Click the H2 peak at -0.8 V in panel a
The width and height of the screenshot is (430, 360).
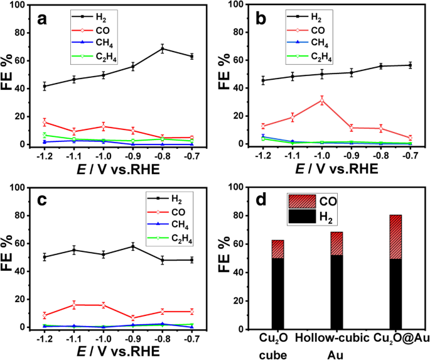(x=163, y=48)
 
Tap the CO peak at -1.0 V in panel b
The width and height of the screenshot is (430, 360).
(x=322, y=100)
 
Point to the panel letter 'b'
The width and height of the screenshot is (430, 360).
(x=261, y=19)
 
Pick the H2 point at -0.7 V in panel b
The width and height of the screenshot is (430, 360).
(x=410, y=65)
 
